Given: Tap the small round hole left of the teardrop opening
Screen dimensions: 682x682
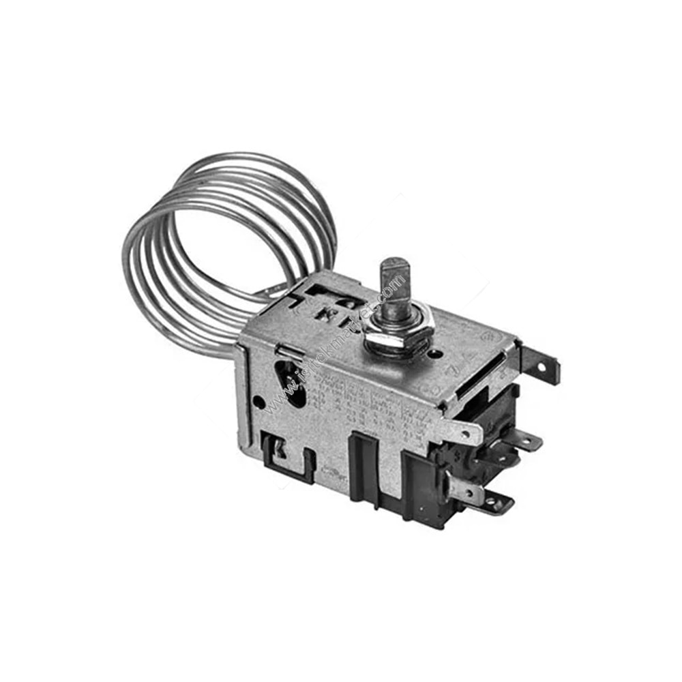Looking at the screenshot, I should [x=260, y=402].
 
